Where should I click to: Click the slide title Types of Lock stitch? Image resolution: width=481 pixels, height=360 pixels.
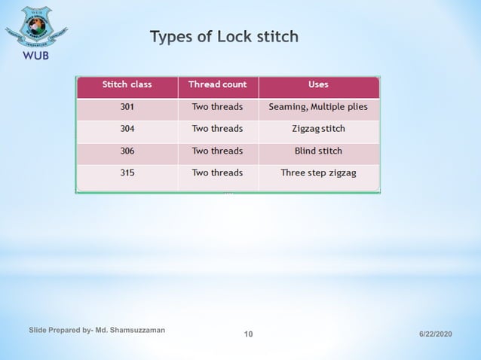coord(224,36)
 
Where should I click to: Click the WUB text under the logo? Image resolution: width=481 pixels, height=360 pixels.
coord(35,57)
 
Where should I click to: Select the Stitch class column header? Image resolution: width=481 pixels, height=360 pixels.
coord(127,84)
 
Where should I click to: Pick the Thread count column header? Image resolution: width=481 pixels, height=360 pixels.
coord(217,84)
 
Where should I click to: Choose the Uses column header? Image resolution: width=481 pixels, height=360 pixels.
coord(318,84)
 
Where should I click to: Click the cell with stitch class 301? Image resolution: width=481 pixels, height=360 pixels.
coord(127,107)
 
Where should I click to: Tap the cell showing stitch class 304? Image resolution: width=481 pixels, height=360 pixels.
coord(127,129)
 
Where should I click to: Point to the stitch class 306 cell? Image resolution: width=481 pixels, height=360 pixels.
coord(127,151)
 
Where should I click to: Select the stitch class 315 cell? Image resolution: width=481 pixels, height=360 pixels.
coord(127,172)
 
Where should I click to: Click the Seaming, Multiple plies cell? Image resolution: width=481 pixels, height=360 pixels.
coord(318,107)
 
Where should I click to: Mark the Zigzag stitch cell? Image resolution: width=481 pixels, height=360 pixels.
coord(318,129)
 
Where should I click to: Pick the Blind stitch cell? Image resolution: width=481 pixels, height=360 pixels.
coord(318,151)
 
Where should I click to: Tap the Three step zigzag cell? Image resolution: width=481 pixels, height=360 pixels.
coord(318,172)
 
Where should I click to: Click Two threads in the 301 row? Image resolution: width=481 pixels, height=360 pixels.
coord(217,107)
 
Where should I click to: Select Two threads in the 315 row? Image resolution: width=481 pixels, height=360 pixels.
coord(217,172)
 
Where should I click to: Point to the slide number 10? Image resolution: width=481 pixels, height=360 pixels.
coord(249,334)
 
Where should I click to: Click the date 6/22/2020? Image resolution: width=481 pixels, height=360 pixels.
coord(435,334)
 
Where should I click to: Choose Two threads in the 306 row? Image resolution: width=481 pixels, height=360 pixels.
coord(217,151)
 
